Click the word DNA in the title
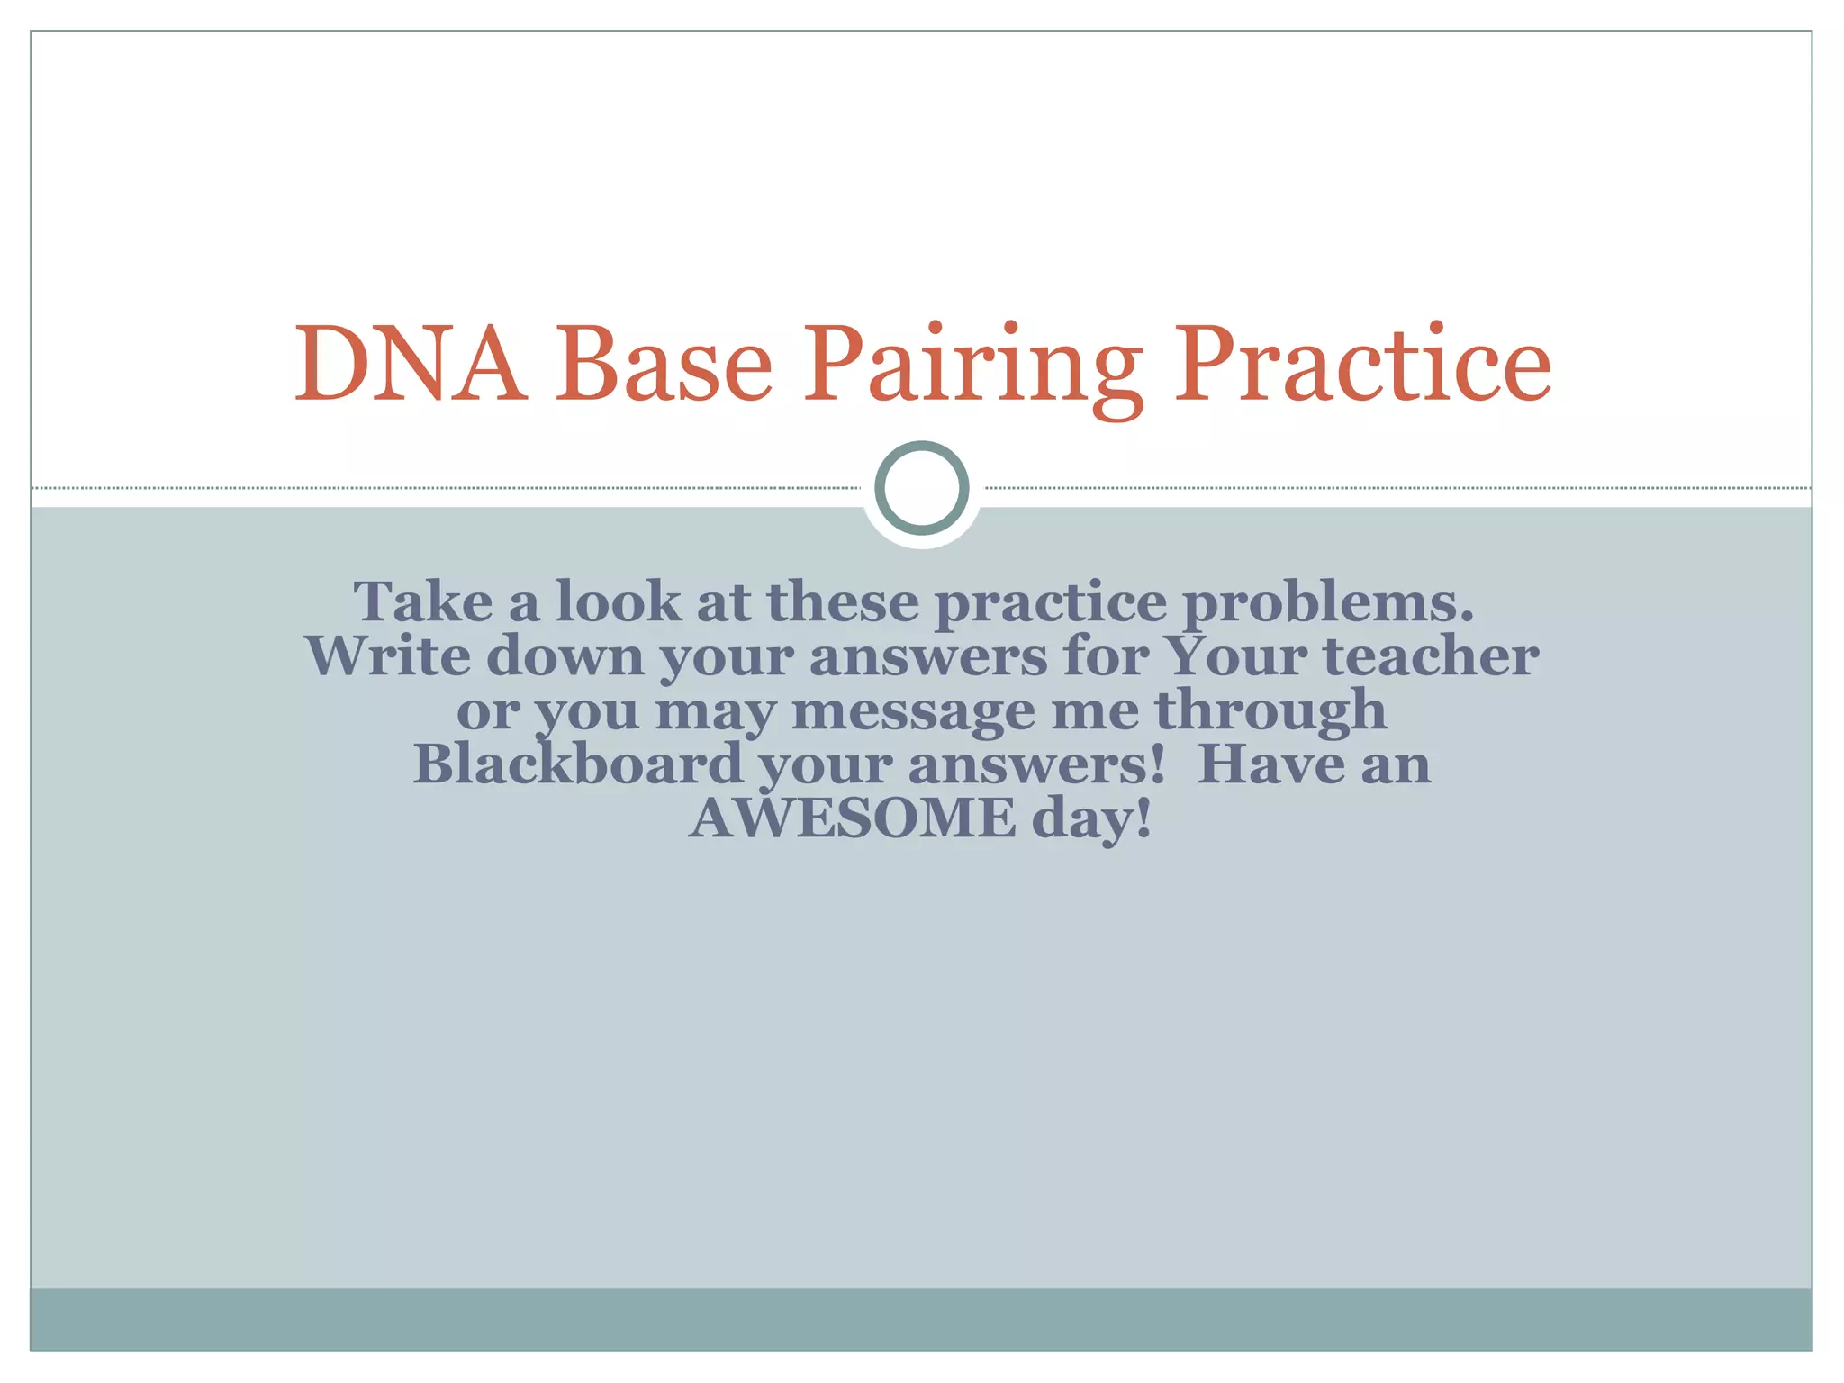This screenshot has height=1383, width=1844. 411,365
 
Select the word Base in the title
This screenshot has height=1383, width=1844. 664,365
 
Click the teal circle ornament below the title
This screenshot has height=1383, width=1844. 921,488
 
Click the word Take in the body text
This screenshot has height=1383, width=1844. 423,601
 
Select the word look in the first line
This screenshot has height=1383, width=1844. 619,601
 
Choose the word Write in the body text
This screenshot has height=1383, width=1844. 388,655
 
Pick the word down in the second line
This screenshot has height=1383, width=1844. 565,655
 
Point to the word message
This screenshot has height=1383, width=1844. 913,711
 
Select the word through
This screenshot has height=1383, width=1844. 1270,710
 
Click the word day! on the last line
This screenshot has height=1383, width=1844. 1092,819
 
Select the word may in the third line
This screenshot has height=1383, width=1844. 715,711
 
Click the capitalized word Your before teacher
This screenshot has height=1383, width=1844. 1234,655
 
